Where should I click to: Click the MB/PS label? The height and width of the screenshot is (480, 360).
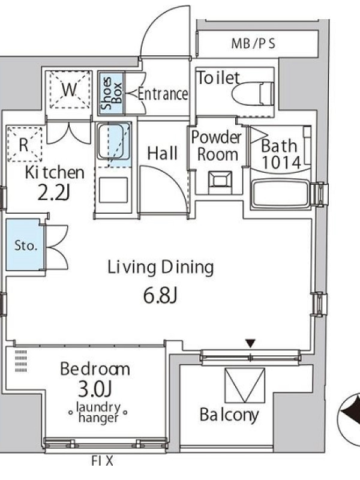click(x=253, y=43)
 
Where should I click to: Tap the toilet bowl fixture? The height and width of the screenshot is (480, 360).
click(x=252, y=94)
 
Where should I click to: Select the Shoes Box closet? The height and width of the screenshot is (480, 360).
click(x=111, y=94)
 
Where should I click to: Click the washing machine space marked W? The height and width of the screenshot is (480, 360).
click(x=70, y=89)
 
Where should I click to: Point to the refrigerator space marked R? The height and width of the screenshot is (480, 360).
click(x=25, y=144)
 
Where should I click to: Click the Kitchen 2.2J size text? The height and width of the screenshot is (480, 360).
click(x=54, y=193)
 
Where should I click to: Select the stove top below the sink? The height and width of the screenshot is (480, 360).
click(x=113, y=190)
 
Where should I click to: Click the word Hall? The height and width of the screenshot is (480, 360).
click(x=162, y=153)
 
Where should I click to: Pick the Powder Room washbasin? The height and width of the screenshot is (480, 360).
click(x=220, y=181)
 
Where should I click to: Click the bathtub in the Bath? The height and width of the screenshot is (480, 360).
click(x=281, y=194)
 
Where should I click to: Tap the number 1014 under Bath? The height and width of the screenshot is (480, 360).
click(x=281, y=163)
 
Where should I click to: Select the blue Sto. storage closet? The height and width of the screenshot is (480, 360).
click(x=25, y=245)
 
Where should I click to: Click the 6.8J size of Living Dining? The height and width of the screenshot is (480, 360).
click(x=160, y=296)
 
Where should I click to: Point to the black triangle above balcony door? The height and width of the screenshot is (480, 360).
click(x=251, y=343)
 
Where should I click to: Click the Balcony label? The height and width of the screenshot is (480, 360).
click(x=229, y=415)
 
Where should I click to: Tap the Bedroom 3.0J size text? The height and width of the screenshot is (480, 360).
click(x=95, y=389)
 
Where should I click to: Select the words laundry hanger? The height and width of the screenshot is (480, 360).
click(x=98, y=412)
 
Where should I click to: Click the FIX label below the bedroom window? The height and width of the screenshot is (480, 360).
click(x=102, y=460)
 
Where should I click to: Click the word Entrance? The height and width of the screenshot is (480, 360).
click(x=163, y=94)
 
